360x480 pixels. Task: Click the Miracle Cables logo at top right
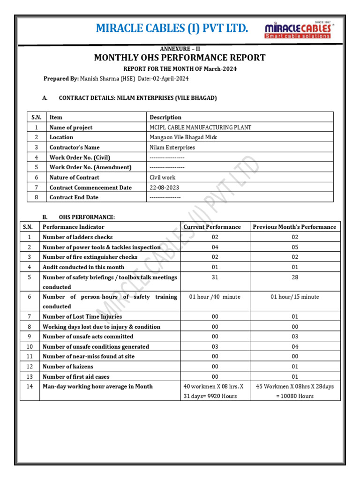[x=298, y=29]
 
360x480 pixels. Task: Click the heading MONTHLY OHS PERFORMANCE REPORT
[x=180, y=58]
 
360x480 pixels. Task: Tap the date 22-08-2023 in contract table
[x=164, y=187]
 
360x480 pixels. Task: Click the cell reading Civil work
[x=162, y=178]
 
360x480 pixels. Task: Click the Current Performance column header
[x=212, y=227]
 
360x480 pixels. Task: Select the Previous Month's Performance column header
[x=294, y=227]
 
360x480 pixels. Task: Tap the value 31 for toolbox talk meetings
[x=215, y=277]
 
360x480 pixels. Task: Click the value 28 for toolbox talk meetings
[x=295, y=277]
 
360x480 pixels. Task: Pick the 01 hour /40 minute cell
[x=215, y=297]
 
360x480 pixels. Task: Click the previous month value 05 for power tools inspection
[x=295, y=247]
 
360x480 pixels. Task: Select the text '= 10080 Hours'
[x=295, y=397]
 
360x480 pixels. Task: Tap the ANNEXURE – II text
[x=180, y=49]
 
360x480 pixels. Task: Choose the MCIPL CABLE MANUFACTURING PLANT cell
[x=200, y=127]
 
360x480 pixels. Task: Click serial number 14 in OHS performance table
[x=30, y=387]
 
